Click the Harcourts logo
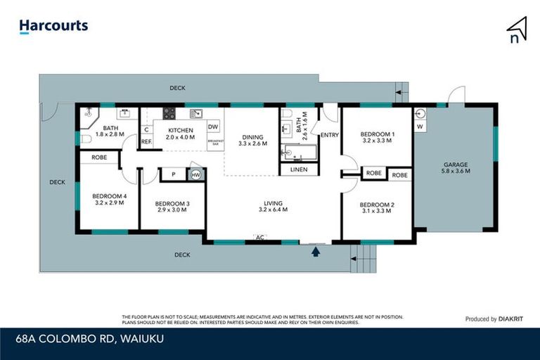(x=53, y=26)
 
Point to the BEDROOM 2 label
(x=376, y=206)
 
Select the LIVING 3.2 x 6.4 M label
(x=274, y=205)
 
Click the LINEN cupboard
(x=299, y=169)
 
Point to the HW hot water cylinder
(x=195, y=175)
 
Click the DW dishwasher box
(x=214, y=126)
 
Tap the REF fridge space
(x=146, y=141)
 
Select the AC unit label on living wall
(x=259, y=238)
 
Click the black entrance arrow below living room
(x=316, y=250)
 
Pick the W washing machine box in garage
(x=420, y=127)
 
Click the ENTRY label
(x=329, y=134)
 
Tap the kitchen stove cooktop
(x=169, y=112)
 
